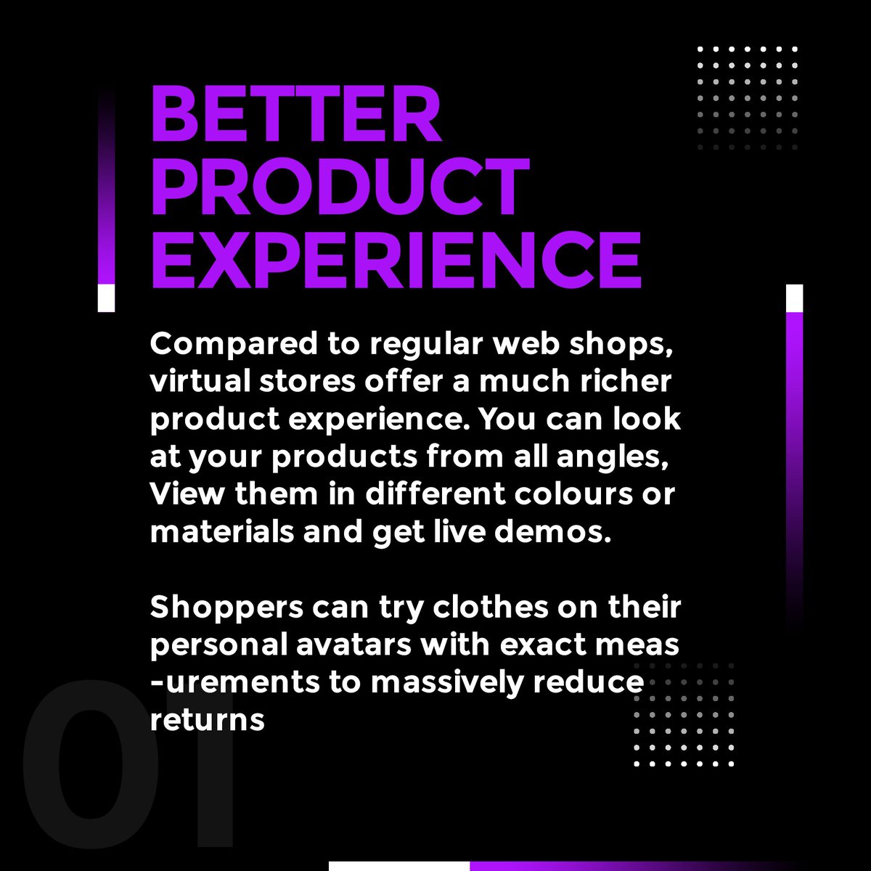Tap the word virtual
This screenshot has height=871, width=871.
point(190,382)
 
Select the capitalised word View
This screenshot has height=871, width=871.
point(181,495)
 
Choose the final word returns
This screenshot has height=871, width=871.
point(207,721)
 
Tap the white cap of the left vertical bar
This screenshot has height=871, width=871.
point(106,298)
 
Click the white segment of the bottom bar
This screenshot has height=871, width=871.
point(398,865)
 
